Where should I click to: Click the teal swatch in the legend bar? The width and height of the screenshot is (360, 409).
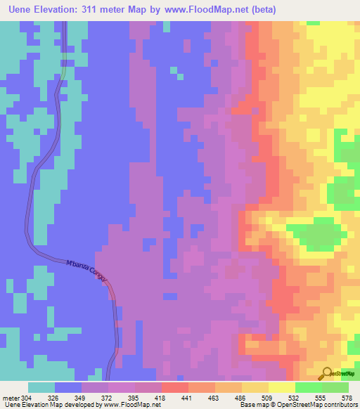click(41, 387)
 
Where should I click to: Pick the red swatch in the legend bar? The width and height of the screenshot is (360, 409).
click(174, 387)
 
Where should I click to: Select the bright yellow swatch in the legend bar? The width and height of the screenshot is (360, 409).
click(281, 387)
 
